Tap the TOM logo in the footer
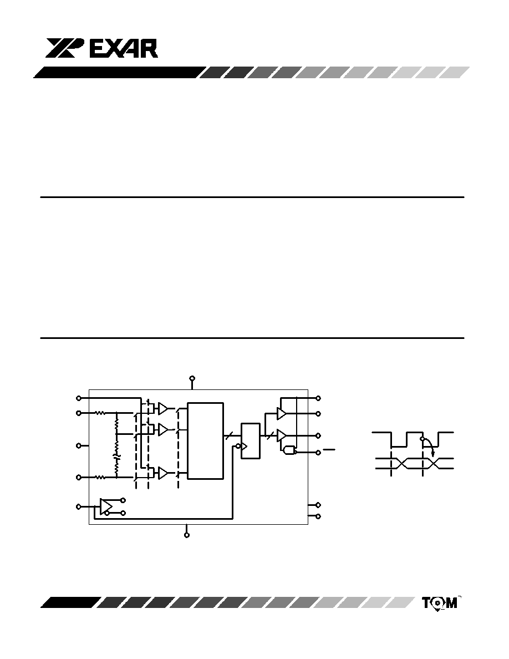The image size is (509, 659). (439, 603)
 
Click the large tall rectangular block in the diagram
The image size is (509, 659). (205, 440)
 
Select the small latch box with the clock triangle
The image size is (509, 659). (250, 440)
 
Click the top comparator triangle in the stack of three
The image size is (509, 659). (163, 408)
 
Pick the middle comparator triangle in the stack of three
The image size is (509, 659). (163, 429)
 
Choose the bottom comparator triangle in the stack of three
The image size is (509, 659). (163, 473)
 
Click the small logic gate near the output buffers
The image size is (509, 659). (289, 451)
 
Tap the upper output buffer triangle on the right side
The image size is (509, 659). (281, 414)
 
